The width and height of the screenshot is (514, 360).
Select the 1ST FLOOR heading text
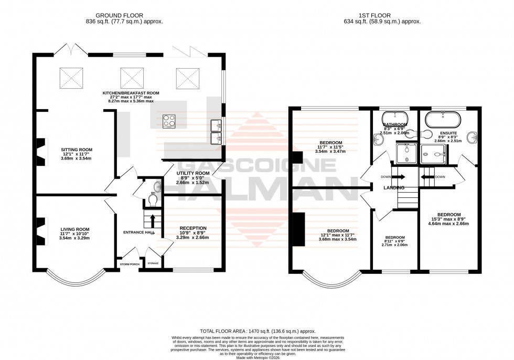pos(380,15)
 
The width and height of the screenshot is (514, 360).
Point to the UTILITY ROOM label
pos(192,173)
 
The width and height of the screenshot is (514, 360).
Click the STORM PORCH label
pos(129,264)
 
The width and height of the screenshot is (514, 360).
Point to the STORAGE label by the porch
pos(153,263)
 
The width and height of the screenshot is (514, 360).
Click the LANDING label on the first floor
pos(393,187)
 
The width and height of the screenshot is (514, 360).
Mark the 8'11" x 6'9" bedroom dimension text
pos(394,245)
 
